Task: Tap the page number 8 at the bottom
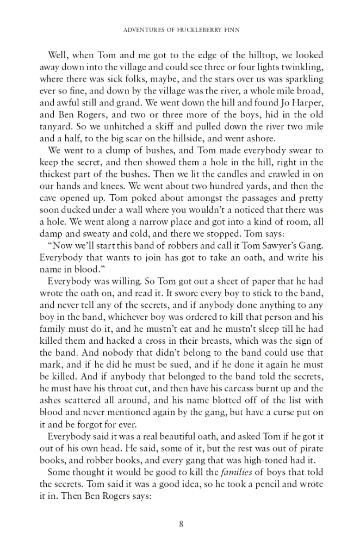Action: point(181,524)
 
